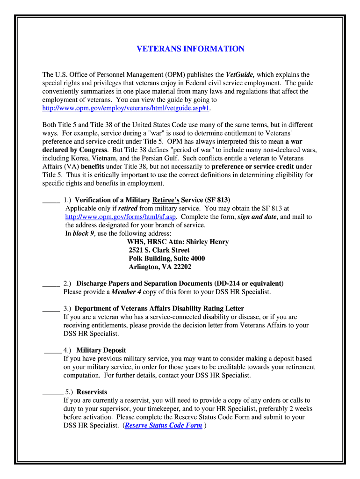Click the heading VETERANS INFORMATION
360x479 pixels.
[190, 49]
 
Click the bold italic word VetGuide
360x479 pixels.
[240, 74]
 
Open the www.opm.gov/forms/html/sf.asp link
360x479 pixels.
[120, 217]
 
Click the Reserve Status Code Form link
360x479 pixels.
[164, 425]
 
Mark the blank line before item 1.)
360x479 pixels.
[51, 200]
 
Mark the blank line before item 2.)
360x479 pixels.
[50, 283]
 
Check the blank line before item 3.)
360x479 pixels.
[50, 309]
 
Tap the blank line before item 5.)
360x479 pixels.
[52, 392]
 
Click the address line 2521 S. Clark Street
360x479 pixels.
[159, 250]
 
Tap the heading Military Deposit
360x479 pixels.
[101, 350]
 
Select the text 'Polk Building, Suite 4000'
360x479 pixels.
[166, 259]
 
